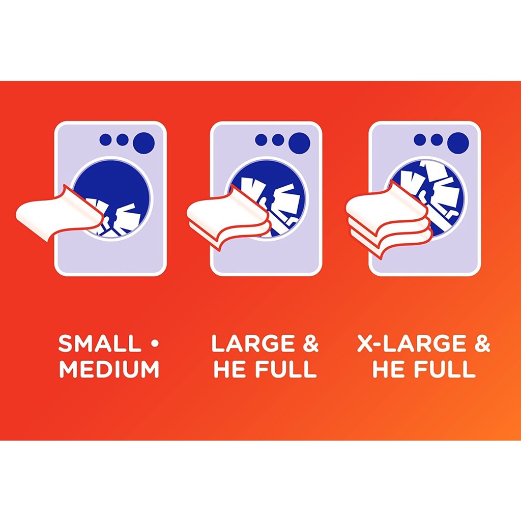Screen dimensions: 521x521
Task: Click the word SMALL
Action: (x=99, y=344)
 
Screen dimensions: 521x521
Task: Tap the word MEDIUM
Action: (x=109, y=369)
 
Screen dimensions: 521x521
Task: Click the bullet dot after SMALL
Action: (x=154, y=344)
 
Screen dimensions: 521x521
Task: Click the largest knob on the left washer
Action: (x=143, y=143)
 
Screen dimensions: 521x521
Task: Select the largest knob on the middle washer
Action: (x=299, y=143)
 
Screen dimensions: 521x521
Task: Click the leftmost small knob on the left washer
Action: (x=106, y=140)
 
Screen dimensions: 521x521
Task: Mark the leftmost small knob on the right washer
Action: (x=420, y=140)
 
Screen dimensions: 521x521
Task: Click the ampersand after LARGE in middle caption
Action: (x=310, y=344)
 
